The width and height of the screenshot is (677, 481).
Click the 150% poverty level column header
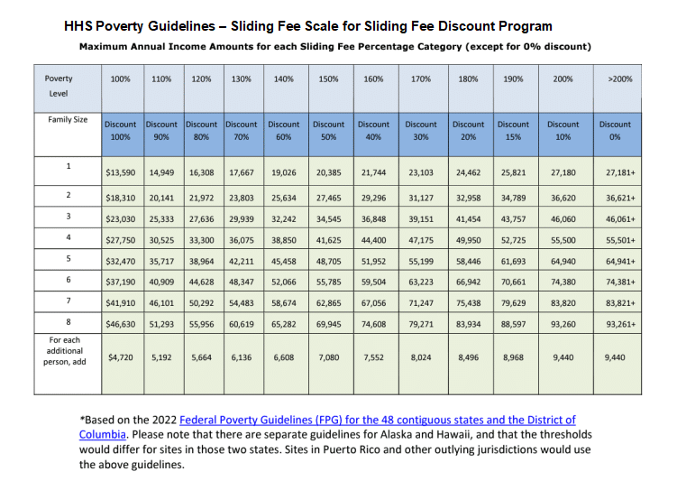pyautogui.click(x=328, y=79)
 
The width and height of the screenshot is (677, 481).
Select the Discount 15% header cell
pyautogui.click(x=513, y=131)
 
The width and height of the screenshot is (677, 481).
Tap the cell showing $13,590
pyautogui.click(x=121, y=172)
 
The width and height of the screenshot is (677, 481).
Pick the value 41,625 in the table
pyautogui.click(x=328, y=240)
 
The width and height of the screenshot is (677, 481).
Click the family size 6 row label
pyautogui.click(x=69, y=280)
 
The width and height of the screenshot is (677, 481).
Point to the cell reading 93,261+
pyautogui.click(x=620, y=324)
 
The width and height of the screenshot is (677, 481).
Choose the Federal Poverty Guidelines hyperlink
pyautogui.click(x=327, y=427)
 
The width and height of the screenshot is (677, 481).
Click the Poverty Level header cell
pyautogui.click(x=59, y=86)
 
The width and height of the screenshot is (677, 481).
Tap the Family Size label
pyautogui.click(x=68, y=120)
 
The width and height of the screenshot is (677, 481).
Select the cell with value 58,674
pyautogui.click(x=284, y=303)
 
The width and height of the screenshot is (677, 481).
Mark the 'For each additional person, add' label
pyautogui.click(x=64, y=351)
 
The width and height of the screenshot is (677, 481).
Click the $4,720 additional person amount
pyautogui.click(x=121, y=357)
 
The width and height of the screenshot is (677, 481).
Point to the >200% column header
pyautogui.click(x=620, y=79)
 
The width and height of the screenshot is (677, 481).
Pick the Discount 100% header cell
pyautogui.click(x=121, y=131)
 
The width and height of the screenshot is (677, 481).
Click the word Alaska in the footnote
pyautogui.click(x=444, y=434)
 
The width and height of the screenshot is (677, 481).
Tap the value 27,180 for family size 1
pyautogui.click(x=563, y=172)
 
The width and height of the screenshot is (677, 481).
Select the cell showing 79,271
pyautogui.click(x=421, y=324)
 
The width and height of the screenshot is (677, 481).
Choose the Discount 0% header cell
pyautogui.click(x=615, y=131)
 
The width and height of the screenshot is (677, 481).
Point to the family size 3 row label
pyautogui.click(x=69, y=216)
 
